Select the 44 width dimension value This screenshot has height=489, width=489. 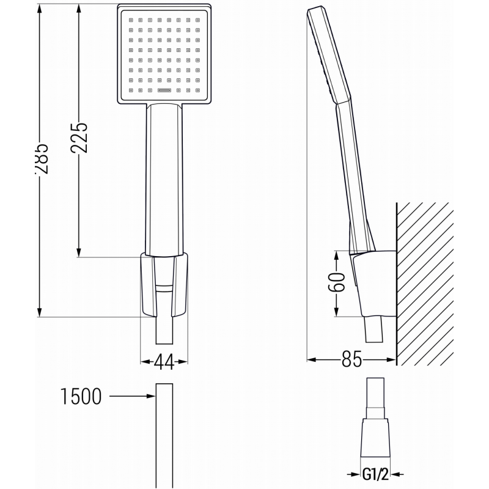coord(163,362)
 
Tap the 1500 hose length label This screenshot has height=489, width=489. coord(81,397)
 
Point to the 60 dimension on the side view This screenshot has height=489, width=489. coord(337,283)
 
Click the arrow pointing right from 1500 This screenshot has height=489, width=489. coord(131,397)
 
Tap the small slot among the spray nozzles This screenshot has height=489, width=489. coord(164,90)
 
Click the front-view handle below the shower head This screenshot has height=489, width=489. coord(164,177)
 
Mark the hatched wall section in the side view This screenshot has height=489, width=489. coord(425,281)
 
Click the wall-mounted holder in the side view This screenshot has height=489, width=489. coord(373,281)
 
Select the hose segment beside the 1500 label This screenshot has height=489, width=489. coord(164,434)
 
